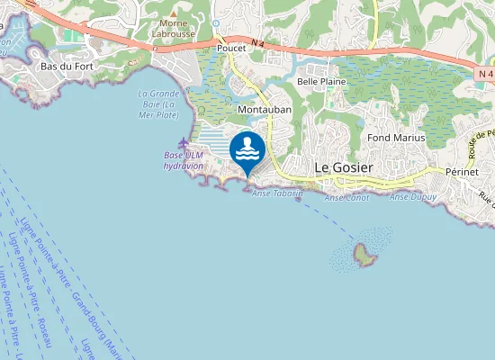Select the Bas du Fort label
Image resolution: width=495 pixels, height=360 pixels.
pyautogui.click(x=67, y=66)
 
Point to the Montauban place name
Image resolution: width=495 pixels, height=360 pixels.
pyautogui.click(x=263, y=110)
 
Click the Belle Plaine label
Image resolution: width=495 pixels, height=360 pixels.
pyautogui.click(x=321, y=81)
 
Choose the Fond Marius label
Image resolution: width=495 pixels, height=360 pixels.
pyautogui.click(x=396, y=138)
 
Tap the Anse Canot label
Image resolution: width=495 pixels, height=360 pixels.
pyautogui.click(x=346, y=197)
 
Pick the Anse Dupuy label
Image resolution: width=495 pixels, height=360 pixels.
pyautogui.click(x=412, y=196)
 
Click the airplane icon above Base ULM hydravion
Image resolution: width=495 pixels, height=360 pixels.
pyautogui.click(x=184, y=143)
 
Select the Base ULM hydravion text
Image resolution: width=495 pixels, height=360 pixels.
pyautogui.click(x=186, y=161)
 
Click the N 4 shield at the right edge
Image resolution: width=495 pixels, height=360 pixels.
pyautogui.click(x=486, y=72)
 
